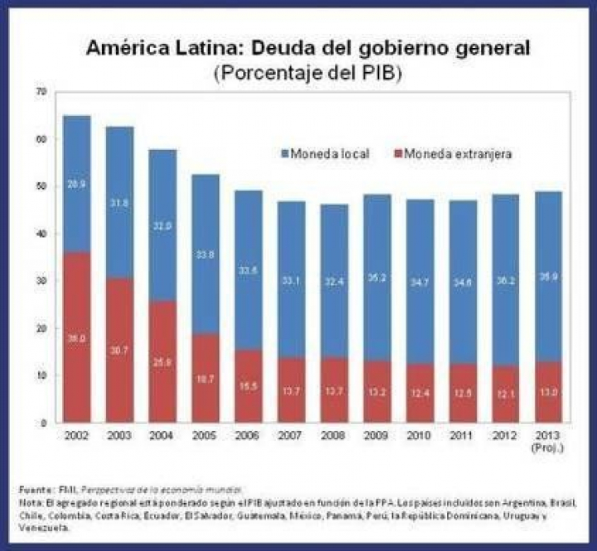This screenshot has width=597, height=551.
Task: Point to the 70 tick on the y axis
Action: (x=40, y=90)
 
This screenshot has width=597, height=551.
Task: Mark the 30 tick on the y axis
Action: (x=40, y=280)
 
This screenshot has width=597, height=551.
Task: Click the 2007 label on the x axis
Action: (x=291, y=436)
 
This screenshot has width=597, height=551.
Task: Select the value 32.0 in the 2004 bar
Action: (x=163, y=225)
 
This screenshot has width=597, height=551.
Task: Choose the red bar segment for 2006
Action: (x=248, y=386)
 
